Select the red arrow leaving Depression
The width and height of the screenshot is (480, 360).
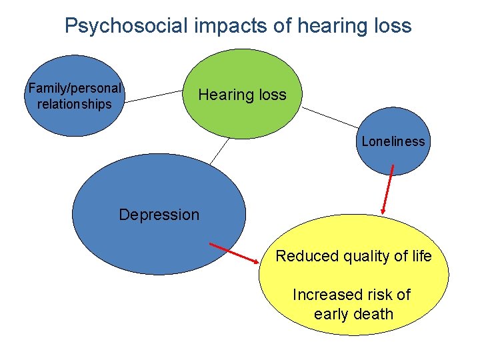click(237, 254)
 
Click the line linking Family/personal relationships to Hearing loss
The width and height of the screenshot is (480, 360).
click(153, 97)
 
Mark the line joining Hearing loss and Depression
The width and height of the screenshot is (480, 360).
click(219, 151)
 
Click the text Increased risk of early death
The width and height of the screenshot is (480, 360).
click(353, 304)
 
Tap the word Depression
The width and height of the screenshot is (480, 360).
click(159, 215)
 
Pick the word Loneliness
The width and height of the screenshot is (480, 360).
click(393, 141)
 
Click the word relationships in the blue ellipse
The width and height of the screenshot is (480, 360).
click(75, 104)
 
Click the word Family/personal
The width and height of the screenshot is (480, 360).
click(75, 88)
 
